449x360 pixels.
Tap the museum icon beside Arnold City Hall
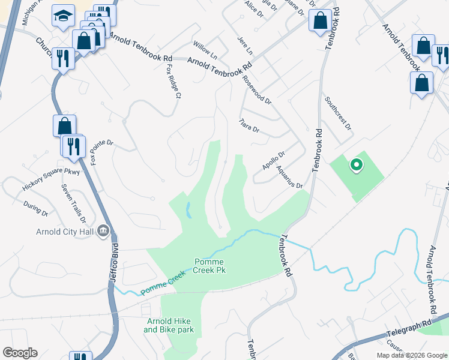103,231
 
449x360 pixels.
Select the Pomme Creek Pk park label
211,266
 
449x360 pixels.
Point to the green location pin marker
356,164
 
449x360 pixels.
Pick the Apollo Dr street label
273,160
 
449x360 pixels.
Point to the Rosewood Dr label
256,89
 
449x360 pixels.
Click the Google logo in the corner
20,353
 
